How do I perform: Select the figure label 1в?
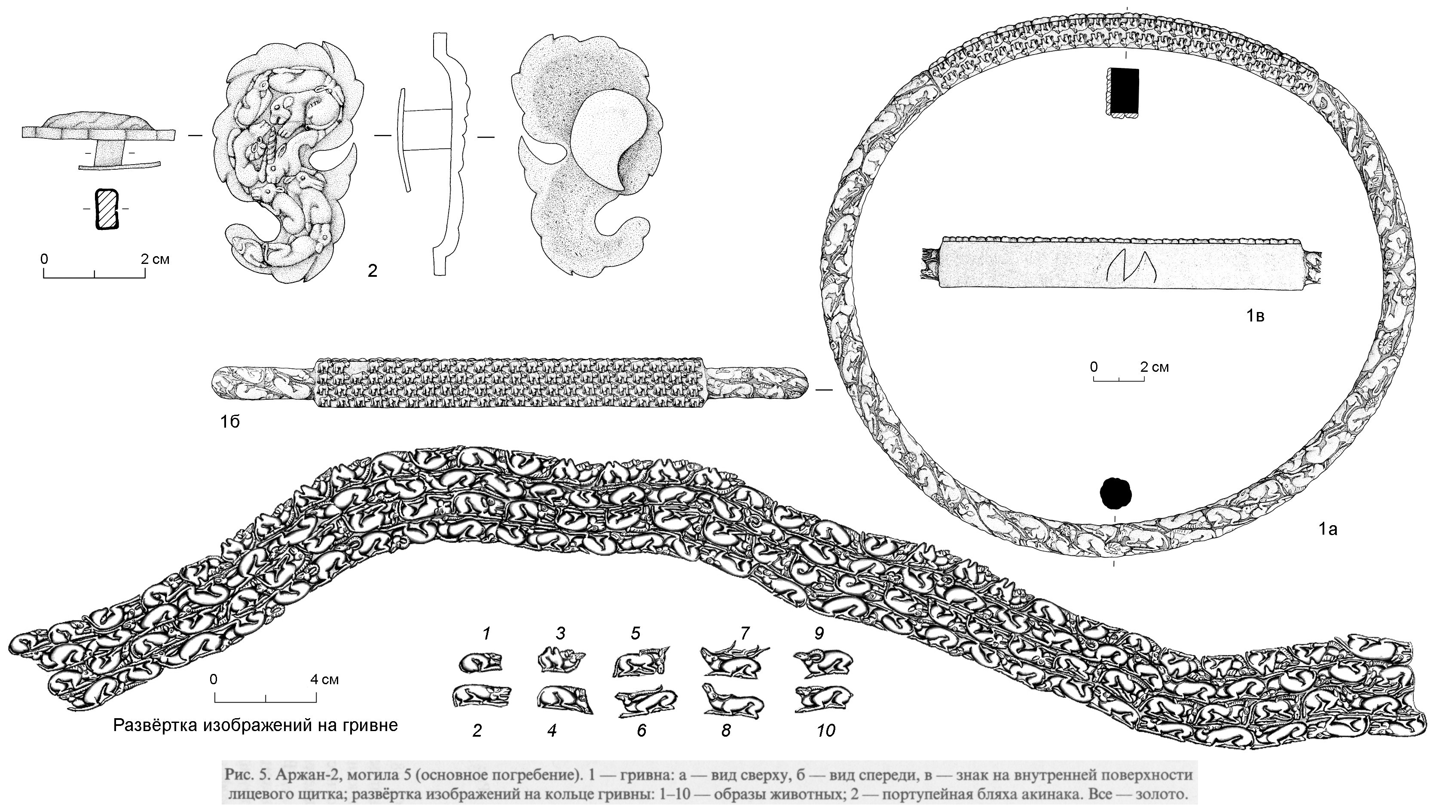(1254, 316)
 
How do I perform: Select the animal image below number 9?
(824, 699)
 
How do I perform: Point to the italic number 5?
(636, 633)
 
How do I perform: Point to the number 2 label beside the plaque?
(372, 271)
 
